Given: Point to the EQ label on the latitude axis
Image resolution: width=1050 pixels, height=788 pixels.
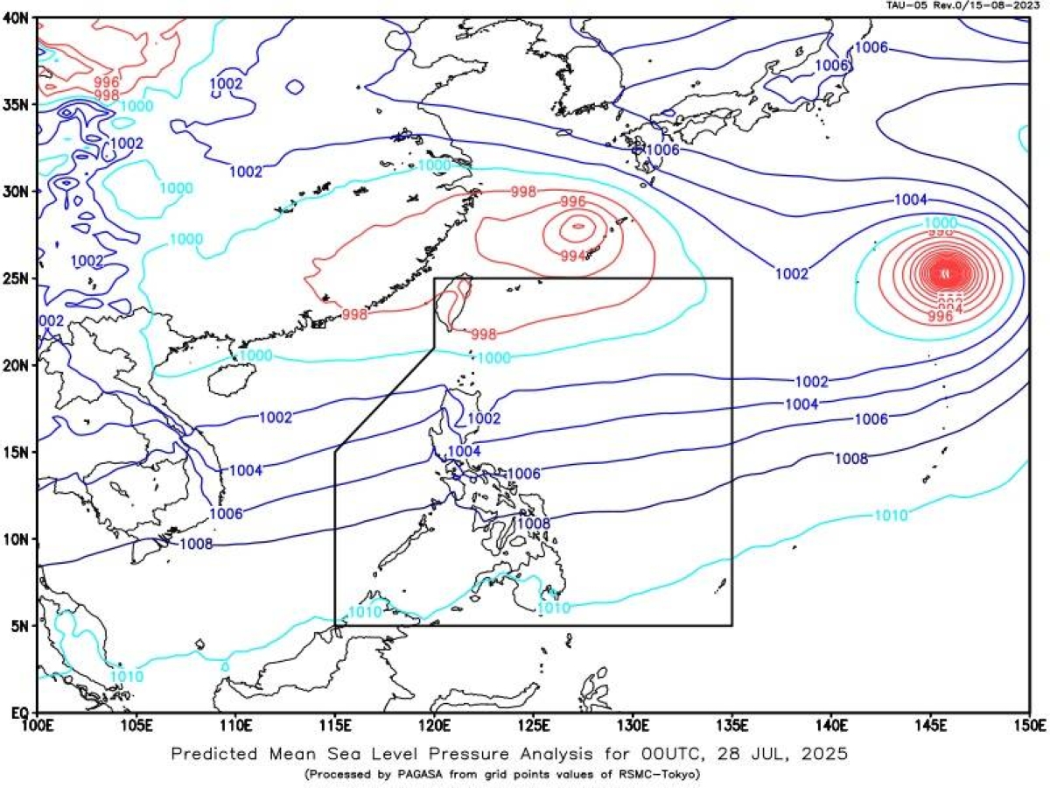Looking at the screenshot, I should tap(19, 713).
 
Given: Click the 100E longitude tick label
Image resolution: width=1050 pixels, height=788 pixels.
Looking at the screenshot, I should tap(38, 727).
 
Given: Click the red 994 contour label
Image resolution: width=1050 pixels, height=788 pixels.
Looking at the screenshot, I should tap(573, 255).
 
